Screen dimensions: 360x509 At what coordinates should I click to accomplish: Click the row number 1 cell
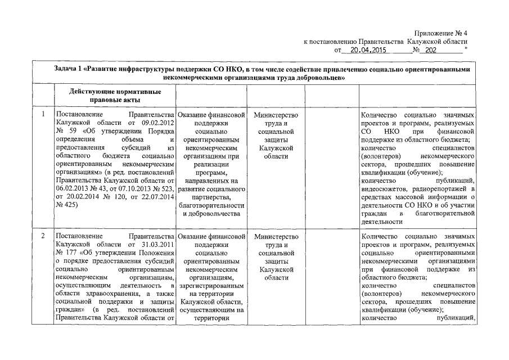[x=43, y=115]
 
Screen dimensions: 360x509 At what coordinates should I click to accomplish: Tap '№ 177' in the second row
[x=67, y=253]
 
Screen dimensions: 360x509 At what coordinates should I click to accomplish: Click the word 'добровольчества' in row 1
[x=211, y=214]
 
